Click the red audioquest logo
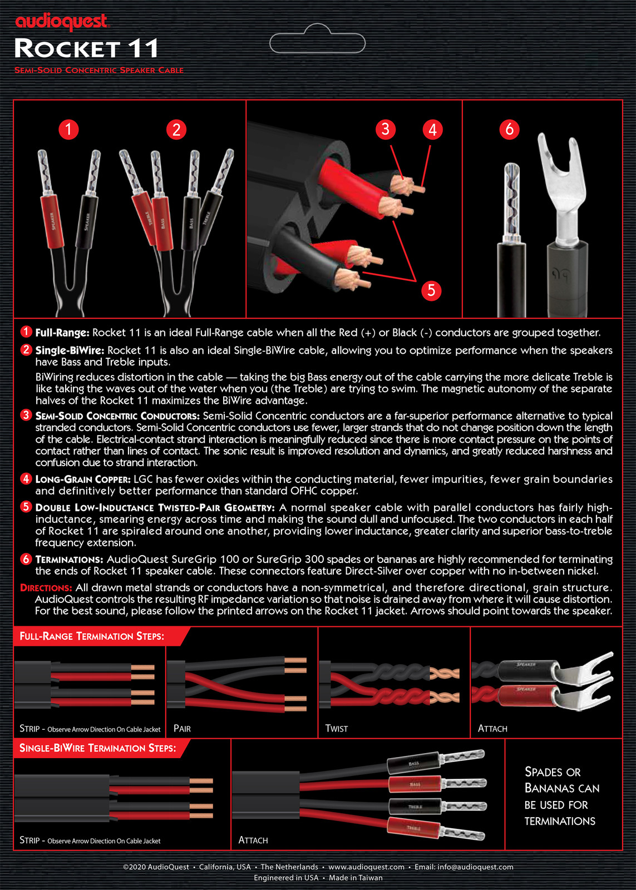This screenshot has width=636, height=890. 61,22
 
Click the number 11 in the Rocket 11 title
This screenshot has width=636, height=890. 143,49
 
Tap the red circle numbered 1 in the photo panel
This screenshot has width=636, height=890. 68,130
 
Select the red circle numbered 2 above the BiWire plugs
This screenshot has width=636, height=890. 176,130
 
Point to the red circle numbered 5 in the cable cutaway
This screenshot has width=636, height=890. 431,290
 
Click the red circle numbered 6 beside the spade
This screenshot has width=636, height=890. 509,129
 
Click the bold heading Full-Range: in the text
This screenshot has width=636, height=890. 62,333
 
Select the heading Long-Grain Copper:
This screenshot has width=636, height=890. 83,479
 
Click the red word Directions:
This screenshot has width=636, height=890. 46,587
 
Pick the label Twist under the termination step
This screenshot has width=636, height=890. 336,728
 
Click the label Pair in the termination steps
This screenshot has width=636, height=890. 182,728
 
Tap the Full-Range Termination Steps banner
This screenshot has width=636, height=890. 92,636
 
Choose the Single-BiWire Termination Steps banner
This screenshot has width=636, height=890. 97,748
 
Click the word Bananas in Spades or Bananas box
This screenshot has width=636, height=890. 562,788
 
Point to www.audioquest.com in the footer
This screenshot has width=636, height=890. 366,867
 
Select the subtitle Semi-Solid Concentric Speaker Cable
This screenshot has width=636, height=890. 98,70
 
